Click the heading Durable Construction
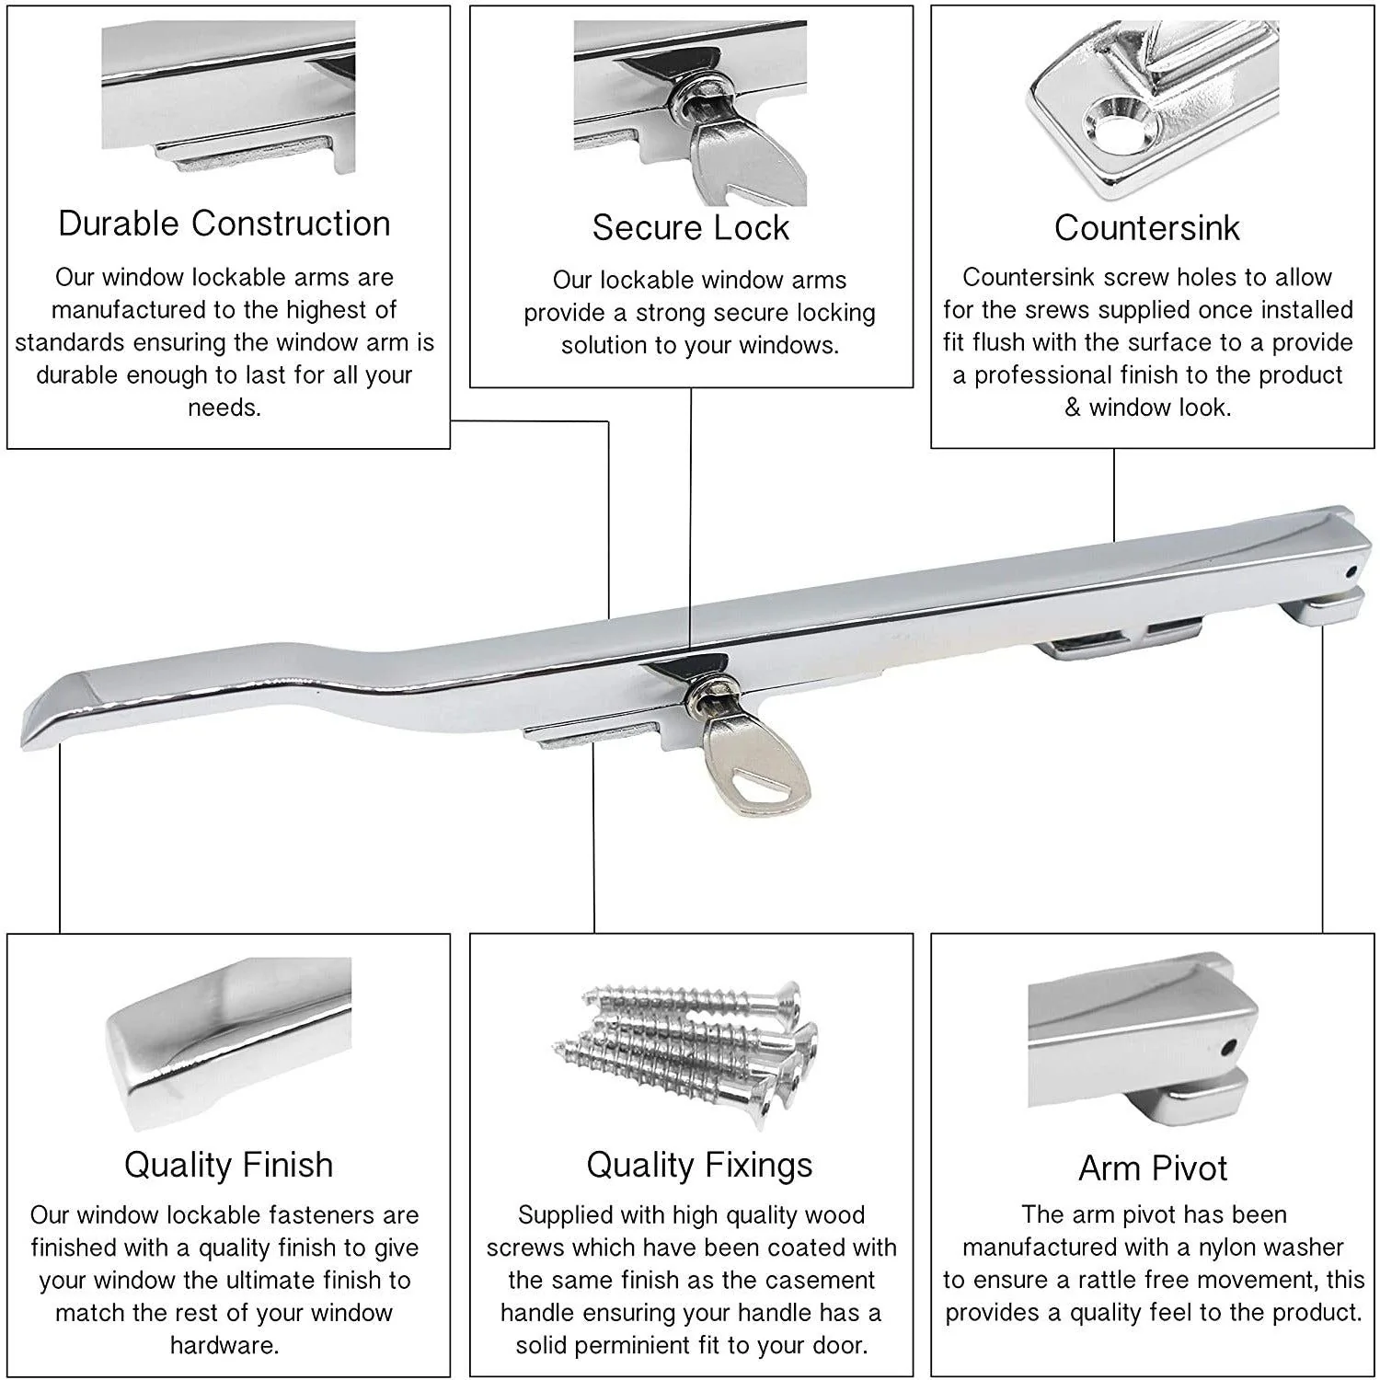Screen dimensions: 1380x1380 pyautogui.click(x=224, y=224)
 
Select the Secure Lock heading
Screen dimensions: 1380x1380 pyautogui.click(x=690, y=228)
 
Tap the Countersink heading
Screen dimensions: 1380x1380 pyautogui.click(x=1146, y=228)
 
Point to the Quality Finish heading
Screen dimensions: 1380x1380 pyautogui.click(x=228, y=1165)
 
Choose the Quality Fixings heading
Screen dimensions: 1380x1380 pyautogui.click(x=699, y=1165)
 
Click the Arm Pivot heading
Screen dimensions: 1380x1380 pyautogui.click(x=1153, y=1168)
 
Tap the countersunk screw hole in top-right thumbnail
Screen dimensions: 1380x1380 pyautogui.click(x=1114, y=125)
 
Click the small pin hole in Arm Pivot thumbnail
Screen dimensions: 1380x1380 pyautogui.click(x=1227, y=1048)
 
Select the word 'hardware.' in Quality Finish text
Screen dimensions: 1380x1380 pyautogui.click(x=224, y=1345)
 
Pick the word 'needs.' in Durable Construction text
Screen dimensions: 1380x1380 pyautogui.click(x=224, y=408)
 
